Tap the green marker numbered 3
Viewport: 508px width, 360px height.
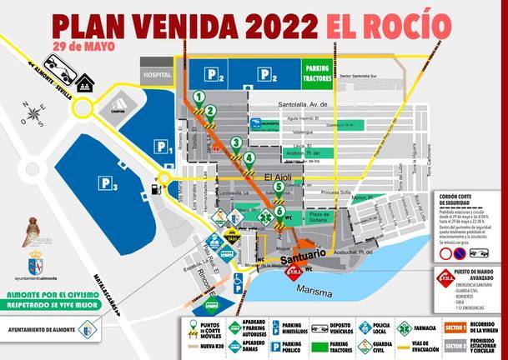[x=237, y=143]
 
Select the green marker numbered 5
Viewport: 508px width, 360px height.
[x=278, y=187]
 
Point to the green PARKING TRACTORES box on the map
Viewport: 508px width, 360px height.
[x=317, y=72]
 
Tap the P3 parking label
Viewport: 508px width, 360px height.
[x=106, y=183]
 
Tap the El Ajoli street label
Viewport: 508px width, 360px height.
[x=280, y=177]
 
